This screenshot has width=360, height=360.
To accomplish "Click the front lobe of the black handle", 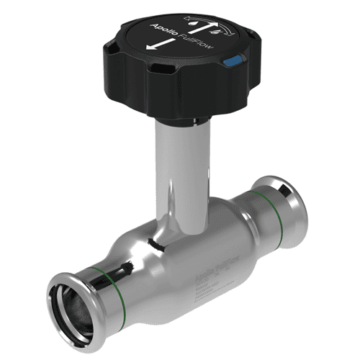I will click(180, 101).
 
